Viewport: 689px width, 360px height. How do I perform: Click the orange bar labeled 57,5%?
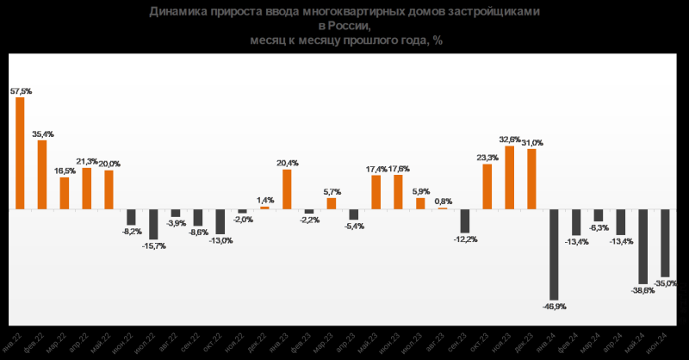pyautogui.click(x=20, y=152)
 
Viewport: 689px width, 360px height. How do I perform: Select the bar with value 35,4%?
pyautogui.click(x=42, y=174)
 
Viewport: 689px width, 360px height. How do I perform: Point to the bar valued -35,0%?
pyautogui.click(x=666, y=242)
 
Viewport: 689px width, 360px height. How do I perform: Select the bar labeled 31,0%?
pyautogui.click(x=532, y=178)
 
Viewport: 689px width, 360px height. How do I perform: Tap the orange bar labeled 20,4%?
pyautogui.click(x=287, y=189)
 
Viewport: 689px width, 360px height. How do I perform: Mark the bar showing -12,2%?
pyautogui.click(x=465, y=220)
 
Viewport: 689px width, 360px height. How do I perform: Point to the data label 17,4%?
pyautogui.click(x=376, y=168)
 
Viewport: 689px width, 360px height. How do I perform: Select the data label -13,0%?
pyautogui.click(x=220, y=240)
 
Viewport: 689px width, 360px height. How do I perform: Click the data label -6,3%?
pyautogui.click(x=599, y=227)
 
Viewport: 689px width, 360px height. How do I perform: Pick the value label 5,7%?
pyautogui.click(x=332, y=191)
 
